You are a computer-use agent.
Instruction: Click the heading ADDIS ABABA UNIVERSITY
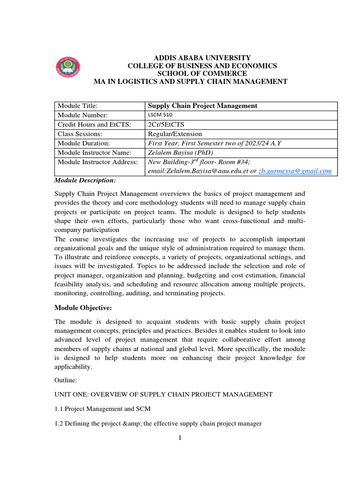click(x=202, y=57)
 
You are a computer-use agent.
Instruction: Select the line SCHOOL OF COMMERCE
click(x=202, y=74)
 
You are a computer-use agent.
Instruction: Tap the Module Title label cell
click(x=77, y=106)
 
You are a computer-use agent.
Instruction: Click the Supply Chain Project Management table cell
click(x=202, y=106)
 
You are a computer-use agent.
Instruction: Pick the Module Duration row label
click(x=83, y=143)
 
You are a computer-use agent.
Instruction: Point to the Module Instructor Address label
click(x=97, y=162)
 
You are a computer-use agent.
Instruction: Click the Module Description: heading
click(x=85, y=180)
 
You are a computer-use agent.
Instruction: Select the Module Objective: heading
click(x=83, y=307)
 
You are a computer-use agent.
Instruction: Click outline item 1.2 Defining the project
click(x=158, y=424)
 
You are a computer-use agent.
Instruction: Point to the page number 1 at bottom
click(x=180, y=438)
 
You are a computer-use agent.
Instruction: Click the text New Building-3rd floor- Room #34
click(x=200, y=162)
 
